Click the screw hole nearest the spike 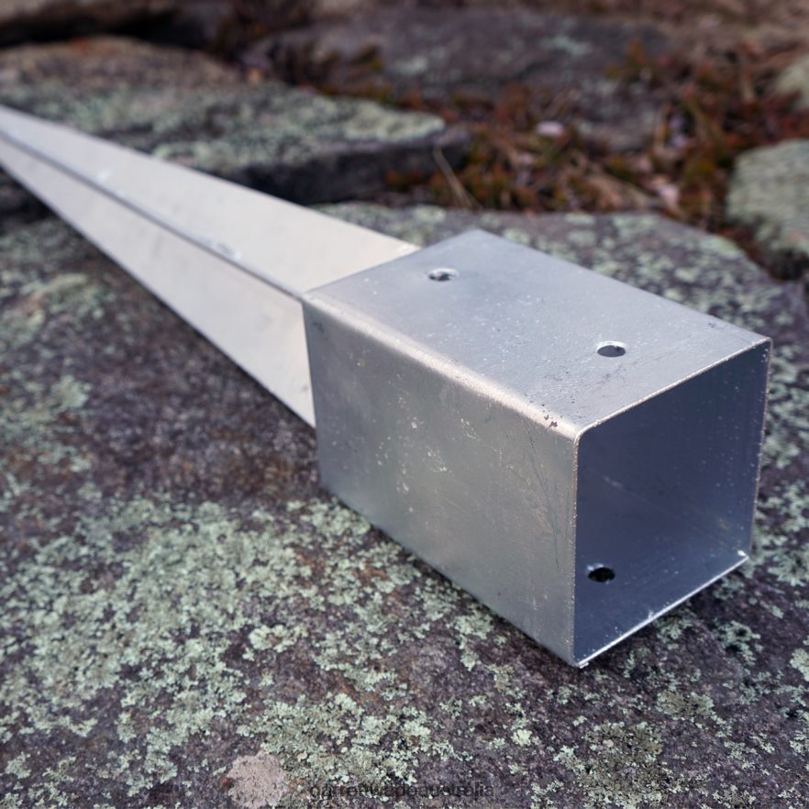click(x=443, y=274)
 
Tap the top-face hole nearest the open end click(x=611, y=349)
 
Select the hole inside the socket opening click(x=601, y=574)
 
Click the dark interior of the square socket click(x=670, y=477)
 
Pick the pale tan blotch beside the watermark click(x=258, y=781)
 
